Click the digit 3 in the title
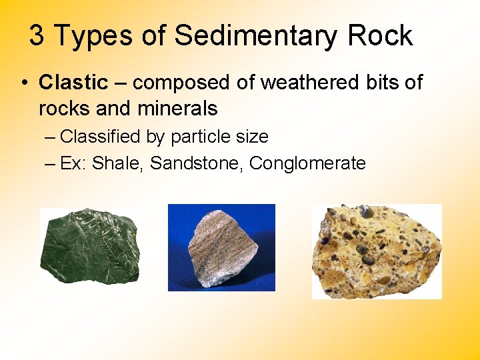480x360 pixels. coord(37,35)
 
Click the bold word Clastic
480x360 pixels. coord(73,83)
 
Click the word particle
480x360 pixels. coord(199,137)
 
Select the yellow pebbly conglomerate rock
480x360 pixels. coord(377,251)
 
